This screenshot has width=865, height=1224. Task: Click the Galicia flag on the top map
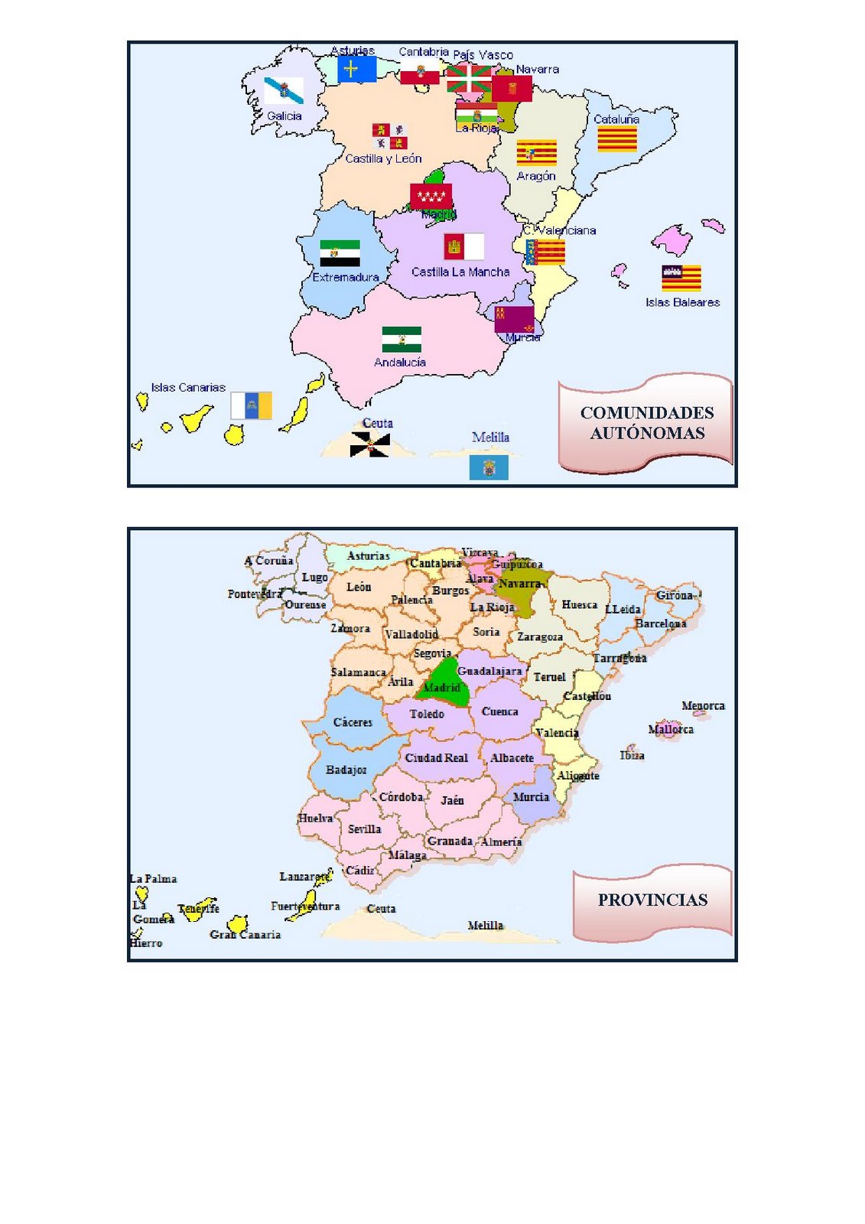point(284,90)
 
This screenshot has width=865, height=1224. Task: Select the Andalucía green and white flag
point(402,339)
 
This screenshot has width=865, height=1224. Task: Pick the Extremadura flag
point(340,253)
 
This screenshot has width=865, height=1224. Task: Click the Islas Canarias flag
point(251,405)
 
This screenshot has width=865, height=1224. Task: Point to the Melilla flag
point(489,467)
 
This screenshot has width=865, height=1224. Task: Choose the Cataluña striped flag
point(616,139)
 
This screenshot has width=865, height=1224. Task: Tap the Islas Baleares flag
point(681,278)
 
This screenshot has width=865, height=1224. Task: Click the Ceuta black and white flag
point(370,444)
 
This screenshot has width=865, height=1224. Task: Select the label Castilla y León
point(383,159)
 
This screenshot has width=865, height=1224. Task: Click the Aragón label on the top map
point(535,176)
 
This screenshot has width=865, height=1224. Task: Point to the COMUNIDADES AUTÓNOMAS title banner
point(646,422)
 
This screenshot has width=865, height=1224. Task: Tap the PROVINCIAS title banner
point(652,900)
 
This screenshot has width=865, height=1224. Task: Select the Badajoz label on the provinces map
point(346,770)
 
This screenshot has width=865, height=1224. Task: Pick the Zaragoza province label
point(540,636)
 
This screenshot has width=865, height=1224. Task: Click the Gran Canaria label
point(245,934)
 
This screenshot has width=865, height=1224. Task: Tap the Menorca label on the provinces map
point(703,705)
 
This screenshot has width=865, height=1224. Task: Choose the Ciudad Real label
point(436,757)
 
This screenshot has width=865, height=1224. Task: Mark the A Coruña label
point(268,561)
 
